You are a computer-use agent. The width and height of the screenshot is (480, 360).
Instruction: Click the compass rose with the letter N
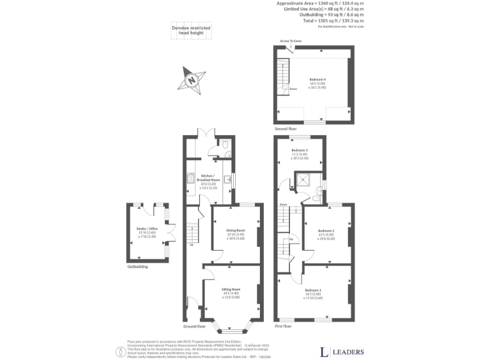pyautogui.click(x=192, y=80)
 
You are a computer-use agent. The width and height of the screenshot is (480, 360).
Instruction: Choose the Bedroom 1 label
pyautogui.click(x=314, y=291)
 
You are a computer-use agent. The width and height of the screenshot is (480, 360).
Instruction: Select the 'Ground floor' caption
pyautogui.click(x=194, y=326)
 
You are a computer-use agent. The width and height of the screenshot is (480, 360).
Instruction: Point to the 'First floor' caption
pyautogui.click(x=283, y=326)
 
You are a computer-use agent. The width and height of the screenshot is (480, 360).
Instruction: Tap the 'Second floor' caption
pyautogui.click(x=285, y=127)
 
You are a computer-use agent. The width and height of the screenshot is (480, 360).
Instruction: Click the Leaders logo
pyautogui.click(x=341, y=351)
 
